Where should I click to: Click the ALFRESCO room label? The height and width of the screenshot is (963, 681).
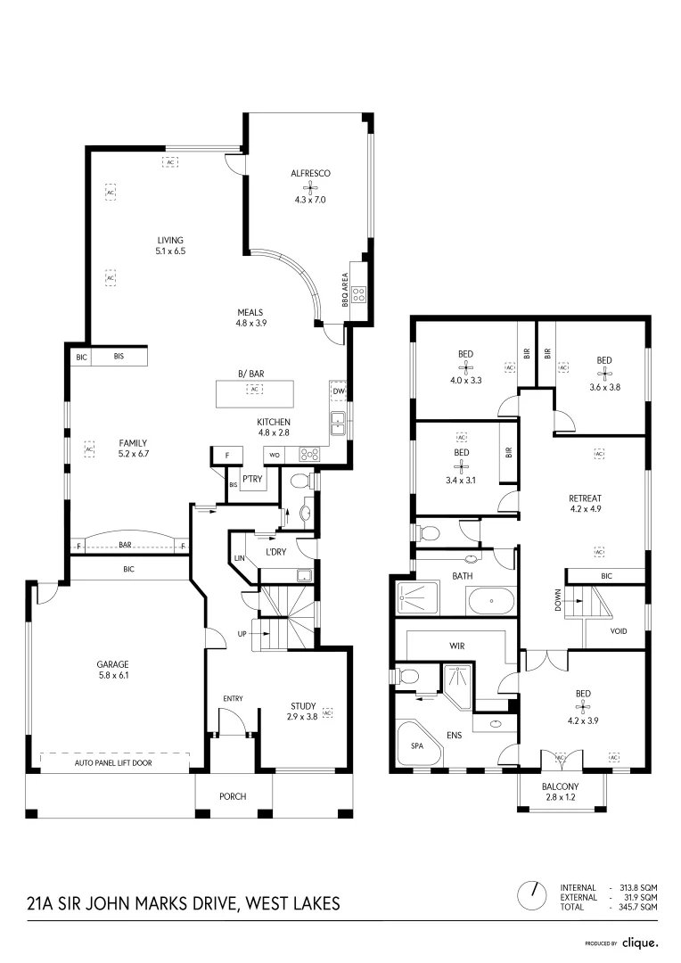pos(310,173)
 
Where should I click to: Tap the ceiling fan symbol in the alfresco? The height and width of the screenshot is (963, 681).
pos(310,187)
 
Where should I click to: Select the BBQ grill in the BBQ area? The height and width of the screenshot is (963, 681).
pos(359,293)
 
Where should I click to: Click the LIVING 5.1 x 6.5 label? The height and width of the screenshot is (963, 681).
pos(170,246)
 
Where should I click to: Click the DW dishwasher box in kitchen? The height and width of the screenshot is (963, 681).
pos(339,392)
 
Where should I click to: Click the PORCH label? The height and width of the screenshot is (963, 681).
pos(233,796)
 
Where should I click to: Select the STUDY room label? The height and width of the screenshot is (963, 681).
pos(302,705)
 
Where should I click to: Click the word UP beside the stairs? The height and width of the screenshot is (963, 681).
pos(241,634)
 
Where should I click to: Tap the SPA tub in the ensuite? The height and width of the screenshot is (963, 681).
pos(415,745)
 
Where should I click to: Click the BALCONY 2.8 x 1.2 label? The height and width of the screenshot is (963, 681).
pos(561,792)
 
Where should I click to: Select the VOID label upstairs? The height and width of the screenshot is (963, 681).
pos(619,630)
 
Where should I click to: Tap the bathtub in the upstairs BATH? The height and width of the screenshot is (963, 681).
pos(489,602)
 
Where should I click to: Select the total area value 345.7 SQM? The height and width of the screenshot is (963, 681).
pos(638,906)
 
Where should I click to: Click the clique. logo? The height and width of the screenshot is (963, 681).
pos(639,942)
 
